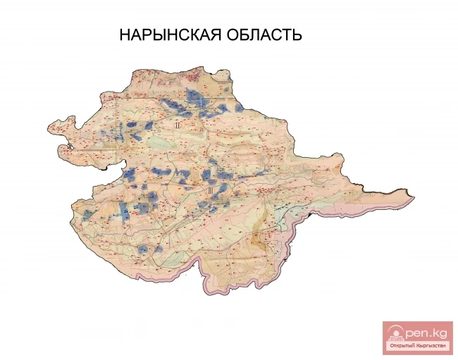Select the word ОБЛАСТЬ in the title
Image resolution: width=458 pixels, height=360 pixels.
[x=262, y=35]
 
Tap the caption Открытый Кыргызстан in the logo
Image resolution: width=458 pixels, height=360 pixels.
[x=417, y=347]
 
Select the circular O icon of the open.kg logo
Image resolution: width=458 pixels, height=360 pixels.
[x=395, y=333]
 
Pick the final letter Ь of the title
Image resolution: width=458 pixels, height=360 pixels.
[x=297, y=35]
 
